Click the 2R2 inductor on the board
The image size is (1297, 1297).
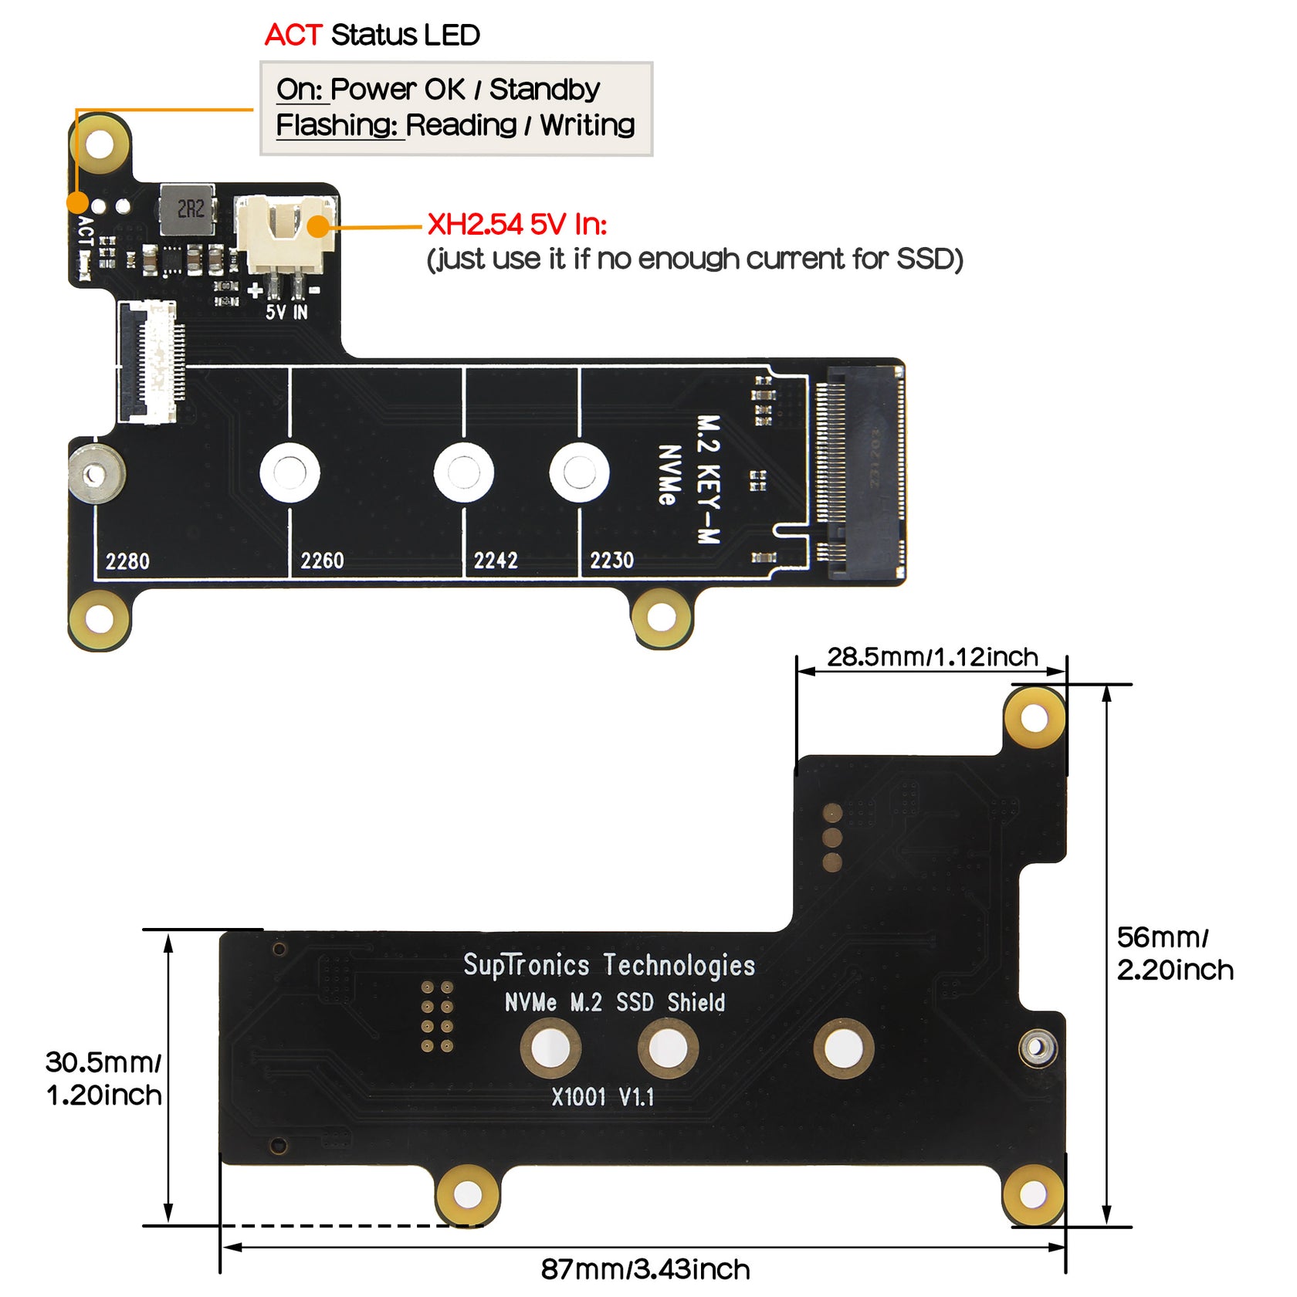click(x=188, y=209)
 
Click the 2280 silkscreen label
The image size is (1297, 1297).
click(x=127, y=561)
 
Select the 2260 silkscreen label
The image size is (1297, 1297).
click(x=322, y=560)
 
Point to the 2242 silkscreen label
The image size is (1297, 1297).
click(x=496, y=560)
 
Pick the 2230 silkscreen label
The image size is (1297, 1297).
click(x=611, y=560)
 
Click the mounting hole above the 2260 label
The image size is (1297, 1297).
click(x=290, y=472)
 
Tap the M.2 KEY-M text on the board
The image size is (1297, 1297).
click(x=709, y=479)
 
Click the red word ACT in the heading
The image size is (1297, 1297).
click(x=293, y=36)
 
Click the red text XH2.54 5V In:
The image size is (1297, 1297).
click(x=516, y=225)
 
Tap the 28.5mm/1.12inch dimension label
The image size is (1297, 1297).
click(x=933, y=657)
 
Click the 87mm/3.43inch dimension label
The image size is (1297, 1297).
click(x=645, y=1270)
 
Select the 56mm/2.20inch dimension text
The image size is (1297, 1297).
click(x=1174, y=953)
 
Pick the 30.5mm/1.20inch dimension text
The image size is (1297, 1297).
click(x=103, y=1079)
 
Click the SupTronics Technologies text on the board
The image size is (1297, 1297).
click(x=609, y=965)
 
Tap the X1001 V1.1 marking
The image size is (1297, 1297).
click(x=602, y=1097)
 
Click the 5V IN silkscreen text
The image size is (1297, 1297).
click(x=286, y=312)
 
